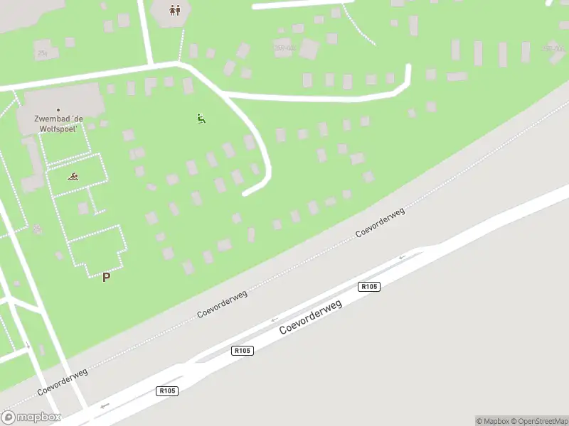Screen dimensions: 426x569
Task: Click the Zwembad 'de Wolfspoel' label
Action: pyautogui.click(x=60, y=124)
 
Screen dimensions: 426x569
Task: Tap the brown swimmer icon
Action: pyautogui.click(x=73, y=176)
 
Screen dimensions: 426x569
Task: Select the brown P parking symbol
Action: pyautogui.click(x=106, y=278)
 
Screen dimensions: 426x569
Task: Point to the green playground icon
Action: pyautogui.click(x=201, y=119)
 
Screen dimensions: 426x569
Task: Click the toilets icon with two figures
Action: pyautogui.click(x=175, y=10)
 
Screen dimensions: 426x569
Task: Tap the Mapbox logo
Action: pyautogui.click(x=31, y=417)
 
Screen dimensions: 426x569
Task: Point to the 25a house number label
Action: pyautogui.click(x=43, y=53)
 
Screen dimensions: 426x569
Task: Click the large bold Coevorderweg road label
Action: pyautogui.click(x=311, y=317)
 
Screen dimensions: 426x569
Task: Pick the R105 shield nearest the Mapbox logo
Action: pyautogui.click(x=167, y=390)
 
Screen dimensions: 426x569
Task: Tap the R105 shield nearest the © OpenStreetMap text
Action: pyautogui.click(x=369, y=286)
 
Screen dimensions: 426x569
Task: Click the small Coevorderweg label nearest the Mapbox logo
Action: pyautogui.click(x=63, y=382)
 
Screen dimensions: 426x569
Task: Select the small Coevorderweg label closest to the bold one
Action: pyautogui.click(x=223, y=304)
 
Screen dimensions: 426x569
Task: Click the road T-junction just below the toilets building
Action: pyautogui.click(x=152, y=64)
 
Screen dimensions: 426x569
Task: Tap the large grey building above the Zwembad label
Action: pyautogui.click(x=64, y=97)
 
